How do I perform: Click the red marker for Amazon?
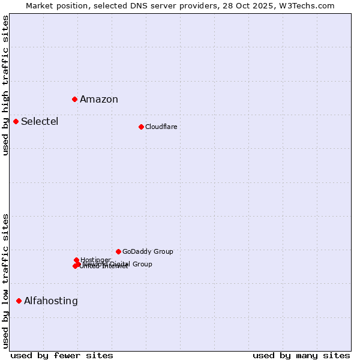point(75,99)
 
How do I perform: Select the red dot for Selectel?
point(16,122)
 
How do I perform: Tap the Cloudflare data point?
point(141,127)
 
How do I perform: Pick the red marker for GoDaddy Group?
point(118,251)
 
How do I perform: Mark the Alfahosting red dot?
point(19,301)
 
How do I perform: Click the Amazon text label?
point(99,100)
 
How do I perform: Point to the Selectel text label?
point(40,122)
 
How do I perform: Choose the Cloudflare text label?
point(161,127)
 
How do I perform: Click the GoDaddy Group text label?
point(148,251)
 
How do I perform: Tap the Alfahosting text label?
point(51,301)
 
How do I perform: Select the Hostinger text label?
point(95,260)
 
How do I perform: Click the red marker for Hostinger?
point(77,260)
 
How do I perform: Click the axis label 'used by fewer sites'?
point(62,355)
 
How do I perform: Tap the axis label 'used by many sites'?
point(301,355)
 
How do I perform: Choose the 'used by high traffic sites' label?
point(5,85)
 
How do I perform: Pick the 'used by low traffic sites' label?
point(5,281)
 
